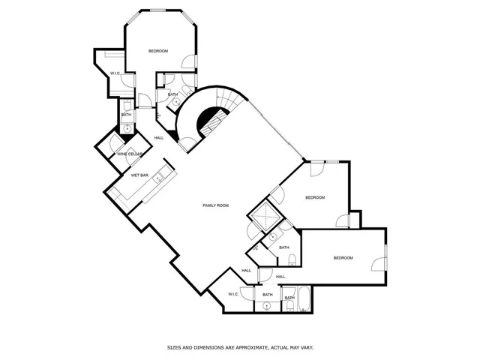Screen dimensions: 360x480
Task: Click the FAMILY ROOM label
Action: [x=216, y=205]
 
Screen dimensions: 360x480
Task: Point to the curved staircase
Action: [x=206, y=112]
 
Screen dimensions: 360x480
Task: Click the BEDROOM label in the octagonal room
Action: [x=158, y=51]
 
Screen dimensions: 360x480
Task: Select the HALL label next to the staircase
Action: [x=159, y=138]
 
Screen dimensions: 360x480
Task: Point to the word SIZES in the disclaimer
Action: [x=175, y=347]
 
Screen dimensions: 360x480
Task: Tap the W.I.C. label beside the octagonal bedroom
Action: [x=115, y=73]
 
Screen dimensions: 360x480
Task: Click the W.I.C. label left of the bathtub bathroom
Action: [x=233, y=294]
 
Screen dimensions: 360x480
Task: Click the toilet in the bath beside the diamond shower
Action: [x=291, y=259]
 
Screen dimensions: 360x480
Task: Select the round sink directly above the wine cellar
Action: [x=127, y=129]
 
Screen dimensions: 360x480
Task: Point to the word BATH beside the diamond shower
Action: [x=284, y=247]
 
